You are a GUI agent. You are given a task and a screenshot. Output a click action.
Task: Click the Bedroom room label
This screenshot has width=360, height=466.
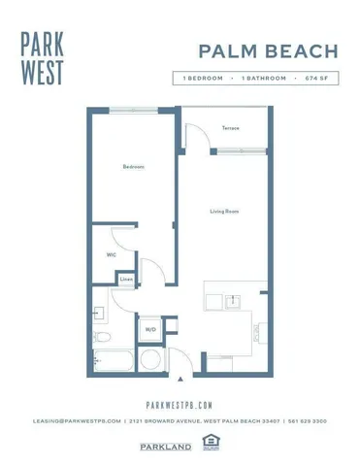[133, 167]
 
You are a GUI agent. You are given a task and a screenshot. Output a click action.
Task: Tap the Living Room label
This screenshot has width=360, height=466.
[225, 211]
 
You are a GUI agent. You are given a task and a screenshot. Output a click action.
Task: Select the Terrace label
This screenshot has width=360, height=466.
[230, 128]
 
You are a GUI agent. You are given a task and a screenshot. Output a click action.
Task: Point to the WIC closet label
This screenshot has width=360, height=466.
[111, 255]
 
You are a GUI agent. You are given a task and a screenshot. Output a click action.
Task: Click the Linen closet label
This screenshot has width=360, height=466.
[126, 280]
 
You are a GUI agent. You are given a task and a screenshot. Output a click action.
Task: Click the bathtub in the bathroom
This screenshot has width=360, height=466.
[113, 358]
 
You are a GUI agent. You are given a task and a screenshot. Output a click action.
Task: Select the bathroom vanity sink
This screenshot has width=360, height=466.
[99, 314]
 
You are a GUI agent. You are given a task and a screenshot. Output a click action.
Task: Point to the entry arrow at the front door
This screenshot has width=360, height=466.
[180, 378]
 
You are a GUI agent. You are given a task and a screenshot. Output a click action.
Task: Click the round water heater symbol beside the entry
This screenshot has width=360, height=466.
[150, 359]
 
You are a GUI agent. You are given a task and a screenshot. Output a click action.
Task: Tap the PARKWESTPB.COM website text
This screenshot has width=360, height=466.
[179, 406]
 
